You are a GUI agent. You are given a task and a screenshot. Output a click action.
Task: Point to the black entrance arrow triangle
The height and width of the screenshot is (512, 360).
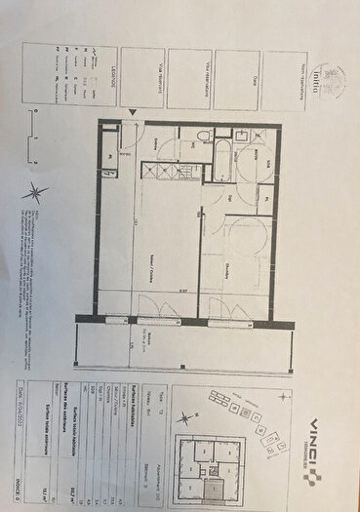[130, 113]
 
